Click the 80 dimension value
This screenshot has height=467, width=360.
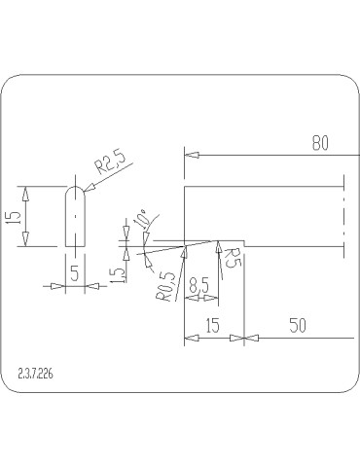click(x=321, y=143)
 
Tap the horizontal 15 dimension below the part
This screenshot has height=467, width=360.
click(x=214, y=328)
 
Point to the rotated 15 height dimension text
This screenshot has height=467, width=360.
click(x=13, y=216)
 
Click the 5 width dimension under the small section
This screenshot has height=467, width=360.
click(x=75, y=274)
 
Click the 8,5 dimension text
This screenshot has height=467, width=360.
click(x=198, y=287)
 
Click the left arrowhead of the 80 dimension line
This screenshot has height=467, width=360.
click(x=191, y=154)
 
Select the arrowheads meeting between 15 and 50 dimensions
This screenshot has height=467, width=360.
click(x=244, y=340)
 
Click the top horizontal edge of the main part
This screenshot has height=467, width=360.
click(x=263, y=186)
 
